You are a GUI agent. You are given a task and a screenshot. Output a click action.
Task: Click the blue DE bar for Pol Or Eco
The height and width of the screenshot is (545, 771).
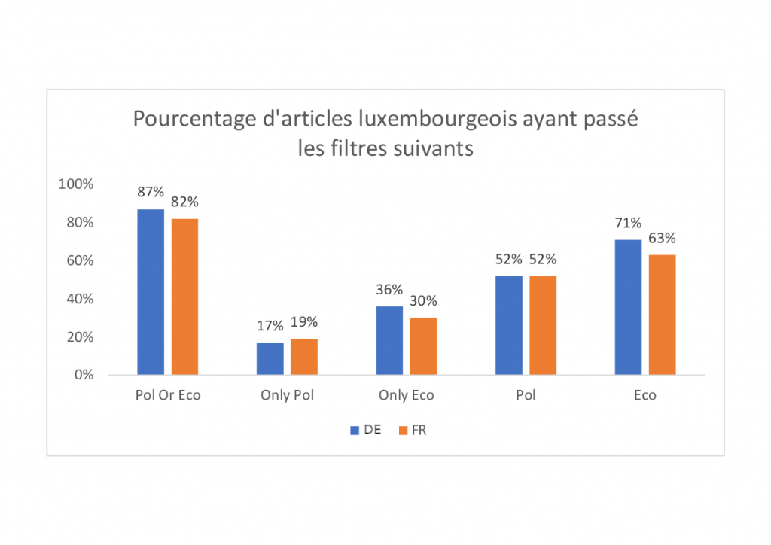(151, 292)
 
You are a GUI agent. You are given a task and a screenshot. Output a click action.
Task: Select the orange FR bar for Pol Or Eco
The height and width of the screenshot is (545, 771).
(184, 297)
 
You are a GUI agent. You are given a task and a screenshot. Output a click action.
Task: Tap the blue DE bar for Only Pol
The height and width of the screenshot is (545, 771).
(270, 358)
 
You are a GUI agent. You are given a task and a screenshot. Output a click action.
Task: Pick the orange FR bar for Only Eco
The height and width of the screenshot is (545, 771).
(423, 346)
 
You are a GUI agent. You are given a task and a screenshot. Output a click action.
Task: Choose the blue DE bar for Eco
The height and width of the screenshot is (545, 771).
(628, 307)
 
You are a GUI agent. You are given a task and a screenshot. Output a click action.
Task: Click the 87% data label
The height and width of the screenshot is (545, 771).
(151, 192)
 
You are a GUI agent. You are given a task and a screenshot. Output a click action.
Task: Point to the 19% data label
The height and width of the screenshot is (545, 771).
(304, 322)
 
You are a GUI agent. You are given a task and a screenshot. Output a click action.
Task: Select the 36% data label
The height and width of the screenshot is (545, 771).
(389, 290)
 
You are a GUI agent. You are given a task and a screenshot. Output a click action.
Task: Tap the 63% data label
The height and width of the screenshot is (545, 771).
(663, 239)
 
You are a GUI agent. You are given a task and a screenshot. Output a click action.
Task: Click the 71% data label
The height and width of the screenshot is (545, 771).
(628, 223)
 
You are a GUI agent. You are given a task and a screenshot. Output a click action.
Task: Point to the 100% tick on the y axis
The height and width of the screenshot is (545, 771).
(76, 184)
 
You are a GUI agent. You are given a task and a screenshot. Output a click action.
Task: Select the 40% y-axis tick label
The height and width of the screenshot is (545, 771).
(79, 299)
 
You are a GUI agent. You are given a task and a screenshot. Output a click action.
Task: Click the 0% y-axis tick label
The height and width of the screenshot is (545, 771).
(83, 375)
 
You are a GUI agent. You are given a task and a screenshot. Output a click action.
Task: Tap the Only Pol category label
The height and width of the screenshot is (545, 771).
(287, 395)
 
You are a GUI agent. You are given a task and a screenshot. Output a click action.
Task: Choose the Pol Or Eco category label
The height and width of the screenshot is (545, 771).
(168, 395)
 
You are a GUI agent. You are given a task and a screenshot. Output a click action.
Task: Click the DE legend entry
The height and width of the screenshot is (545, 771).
(365, 430)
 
